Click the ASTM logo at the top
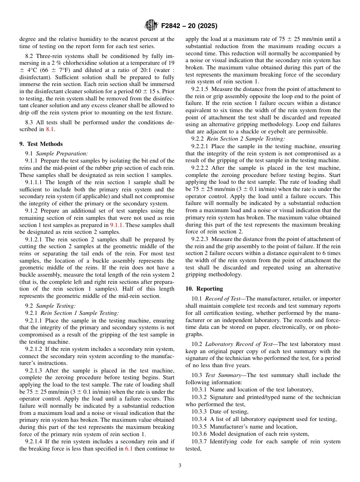pyautogui.click(x=151, y=26)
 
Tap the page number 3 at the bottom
pyautogui.click(x=180, y=465)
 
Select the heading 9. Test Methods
pyautogui.click(x=41, y=144)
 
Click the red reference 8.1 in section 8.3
pyautogui.click(x=50, y=129)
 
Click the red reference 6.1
pyautogui.click(x=128, y=449)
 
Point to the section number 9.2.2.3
pyautogui.click(x=200, y=239)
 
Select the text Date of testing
pyautogui.click(x=229, y=412)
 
